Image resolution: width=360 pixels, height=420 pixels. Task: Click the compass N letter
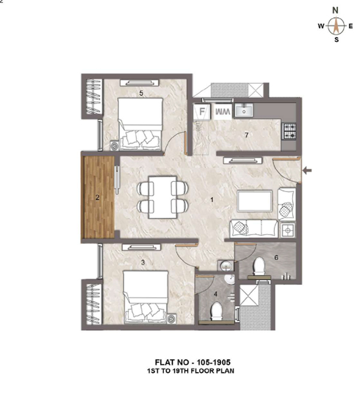coord(335,10)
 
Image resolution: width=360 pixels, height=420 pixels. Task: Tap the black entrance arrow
coord(307,170)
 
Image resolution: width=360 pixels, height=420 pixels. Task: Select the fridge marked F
coord(202,112)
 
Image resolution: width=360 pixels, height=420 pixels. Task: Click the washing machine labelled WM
coord(223,112)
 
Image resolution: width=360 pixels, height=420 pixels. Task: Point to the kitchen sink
coord(244,111)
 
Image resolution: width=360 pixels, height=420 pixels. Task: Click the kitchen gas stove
coord(289,131)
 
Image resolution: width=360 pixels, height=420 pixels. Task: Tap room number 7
coord(247,135)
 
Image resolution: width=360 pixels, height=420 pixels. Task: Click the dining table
coord(163,197)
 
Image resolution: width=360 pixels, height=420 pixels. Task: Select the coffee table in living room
coord(254,201)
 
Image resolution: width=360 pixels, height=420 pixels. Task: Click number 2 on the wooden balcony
coord(97,197)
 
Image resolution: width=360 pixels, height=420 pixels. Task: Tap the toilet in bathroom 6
coord(259,266)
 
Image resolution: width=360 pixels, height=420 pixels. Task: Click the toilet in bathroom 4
coord(216,311)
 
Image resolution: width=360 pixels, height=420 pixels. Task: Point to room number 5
coord(141,93)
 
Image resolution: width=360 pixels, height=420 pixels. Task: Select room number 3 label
coord(143,263)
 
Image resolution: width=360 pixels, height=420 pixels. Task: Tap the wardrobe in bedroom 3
coord(94,304)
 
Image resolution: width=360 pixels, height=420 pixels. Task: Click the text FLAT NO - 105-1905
coord(193,362)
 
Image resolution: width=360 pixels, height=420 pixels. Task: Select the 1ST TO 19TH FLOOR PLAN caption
coord(190,371)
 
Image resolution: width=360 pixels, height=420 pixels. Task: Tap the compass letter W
coord(321,26)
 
